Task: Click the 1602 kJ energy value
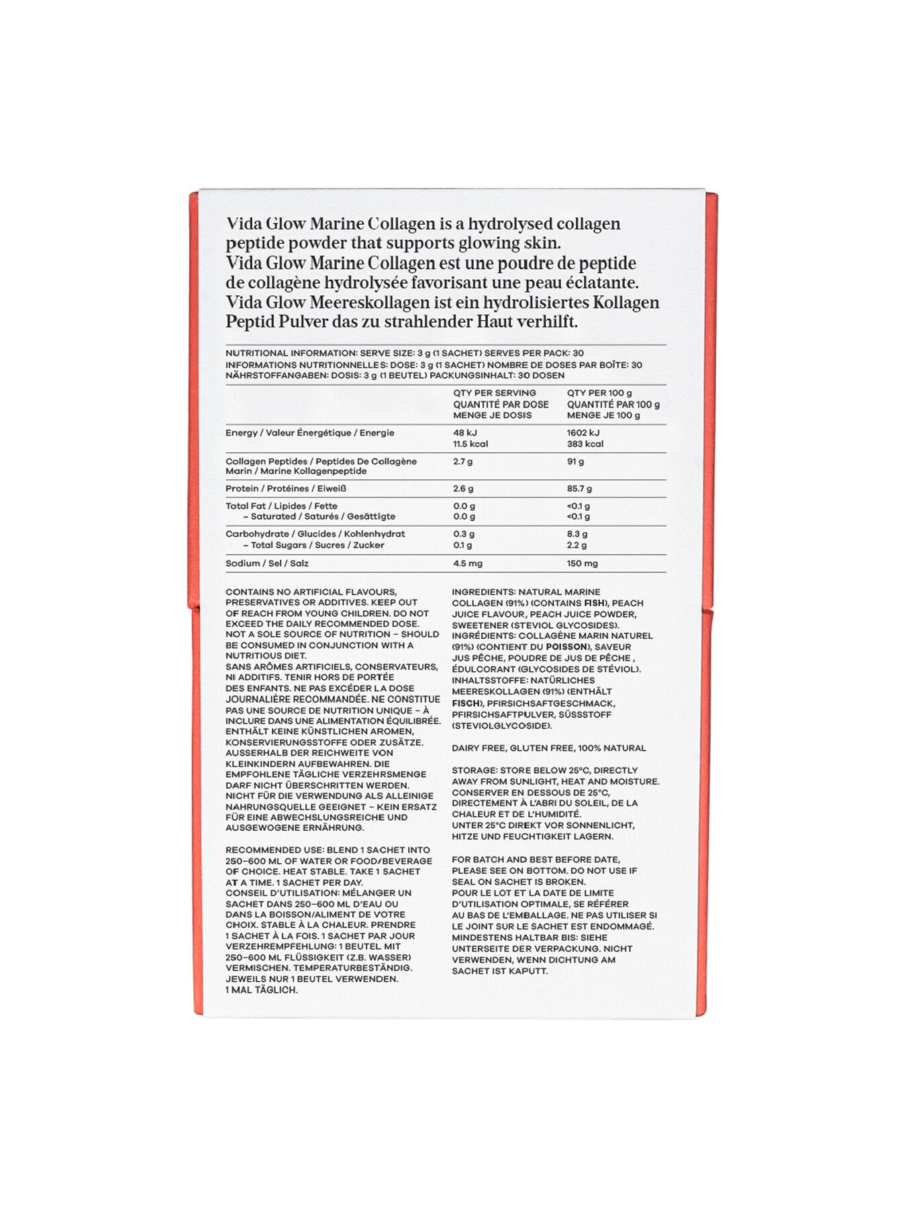pos(583,433)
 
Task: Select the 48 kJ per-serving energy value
pos(464,433)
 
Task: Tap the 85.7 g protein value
pos(579,489)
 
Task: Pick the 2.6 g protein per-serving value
pos(463,489)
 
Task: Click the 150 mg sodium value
pos(582,563)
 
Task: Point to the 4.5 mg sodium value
pos(467,563)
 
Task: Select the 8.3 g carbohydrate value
pos(576,534)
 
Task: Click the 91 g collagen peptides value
pos(575,462)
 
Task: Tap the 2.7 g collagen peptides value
pos(463,462)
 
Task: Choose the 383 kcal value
pos(585,444)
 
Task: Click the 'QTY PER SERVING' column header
pos(494,393)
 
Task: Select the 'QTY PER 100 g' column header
pos(599,393)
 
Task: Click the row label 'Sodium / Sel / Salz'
pos(267,563)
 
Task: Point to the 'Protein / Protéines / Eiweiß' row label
pos(286,489)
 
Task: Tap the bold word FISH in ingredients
pos(594,603)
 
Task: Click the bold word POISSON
pos(566,647)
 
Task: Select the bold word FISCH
pos(466,703)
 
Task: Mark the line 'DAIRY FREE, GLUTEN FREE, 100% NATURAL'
pos(549,748)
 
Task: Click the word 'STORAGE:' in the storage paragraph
pos(474,770)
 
